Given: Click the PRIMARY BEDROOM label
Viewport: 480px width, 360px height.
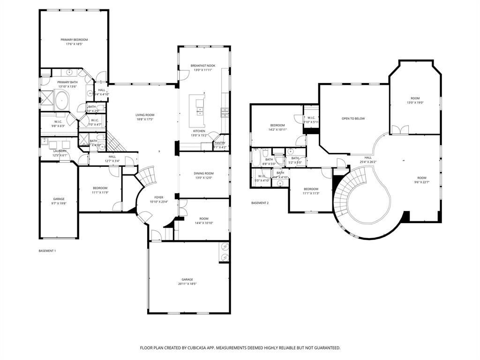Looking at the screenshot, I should (74, 40).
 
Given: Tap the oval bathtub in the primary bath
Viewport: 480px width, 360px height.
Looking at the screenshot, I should (62, 100).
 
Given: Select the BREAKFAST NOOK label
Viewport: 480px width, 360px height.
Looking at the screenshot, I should (203, 66).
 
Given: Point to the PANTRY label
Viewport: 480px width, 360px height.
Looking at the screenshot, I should (220, 143).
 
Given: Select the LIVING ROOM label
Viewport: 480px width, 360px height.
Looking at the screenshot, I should (145, 115).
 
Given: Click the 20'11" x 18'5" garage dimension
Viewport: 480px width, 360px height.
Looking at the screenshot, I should (187, 284).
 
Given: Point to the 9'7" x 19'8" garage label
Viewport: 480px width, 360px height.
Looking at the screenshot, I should (59, 203).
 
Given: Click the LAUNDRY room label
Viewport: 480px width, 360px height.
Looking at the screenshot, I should (60, 151).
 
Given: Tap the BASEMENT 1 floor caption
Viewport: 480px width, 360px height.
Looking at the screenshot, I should (47, 251).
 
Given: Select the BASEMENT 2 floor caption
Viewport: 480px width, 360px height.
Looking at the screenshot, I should (260, 203).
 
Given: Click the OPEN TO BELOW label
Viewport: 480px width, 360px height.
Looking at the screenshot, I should (353, 119).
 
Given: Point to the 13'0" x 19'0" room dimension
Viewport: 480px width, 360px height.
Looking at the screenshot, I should (415, 103).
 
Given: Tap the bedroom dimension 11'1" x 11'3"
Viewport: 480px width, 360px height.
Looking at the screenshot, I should (311, 193).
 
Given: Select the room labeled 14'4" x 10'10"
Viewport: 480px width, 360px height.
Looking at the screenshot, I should (203, 221).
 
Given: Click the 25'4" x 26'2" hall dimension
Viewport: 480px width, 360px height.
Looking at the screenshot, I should (368, 162).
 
